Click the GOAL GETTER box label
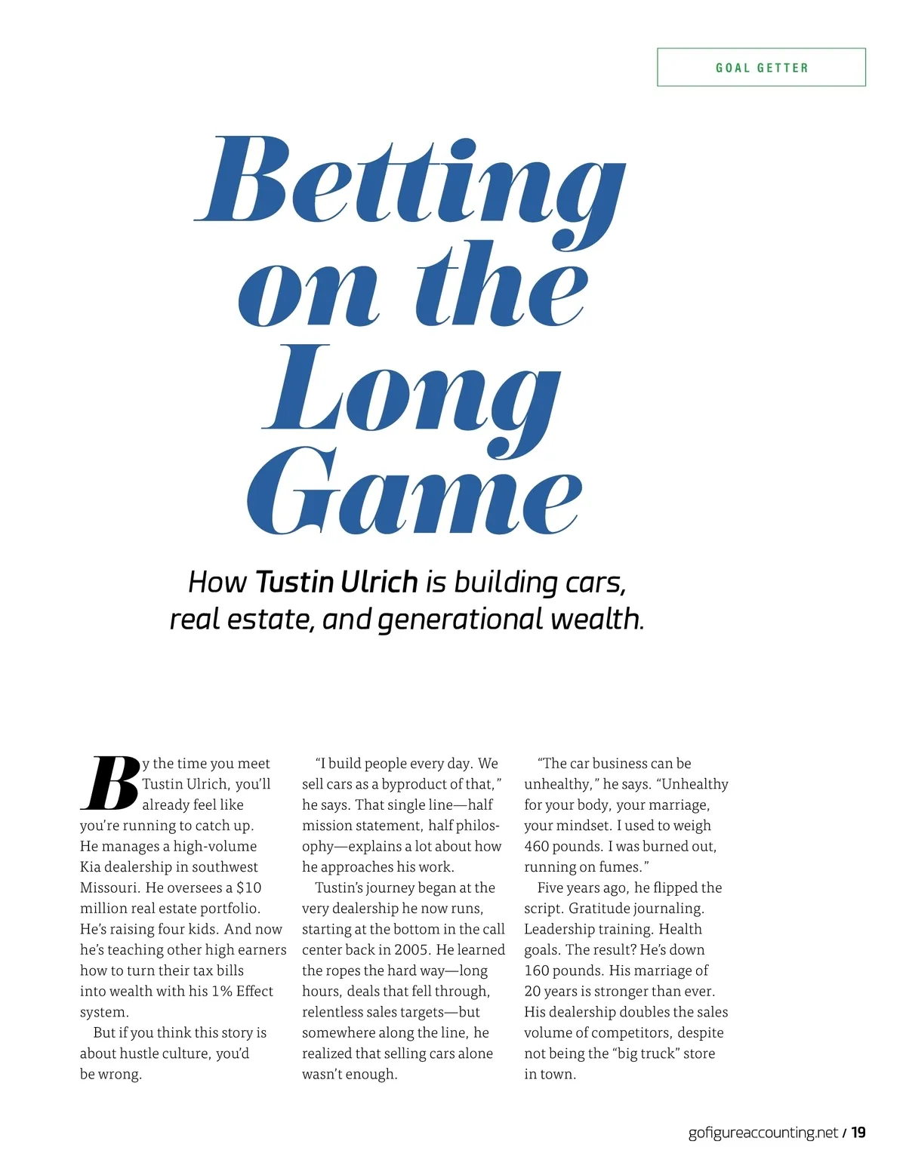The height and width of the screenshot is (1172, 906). (761, 68)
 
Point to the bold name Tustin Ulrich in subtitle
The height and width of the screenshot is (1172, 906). (336, 582)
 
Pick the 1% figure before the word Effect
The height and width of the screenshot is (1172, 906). (221, 991)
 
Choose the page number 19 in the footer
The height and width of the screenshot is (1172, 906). (858, 1132)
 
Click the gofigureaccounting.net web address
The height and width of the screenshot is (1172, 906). (763, 1132)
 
